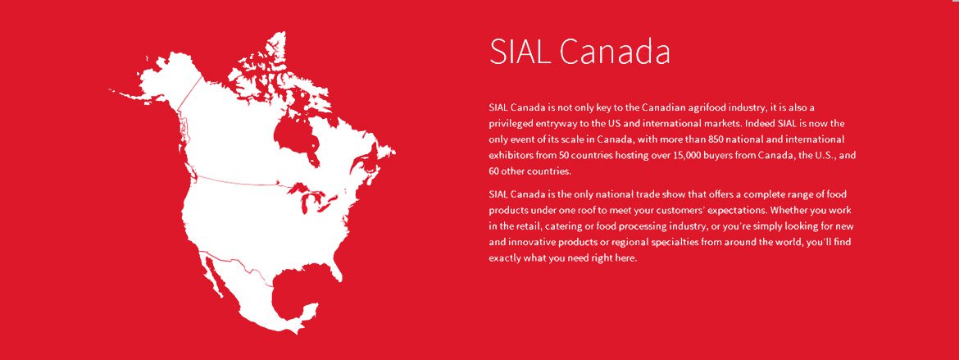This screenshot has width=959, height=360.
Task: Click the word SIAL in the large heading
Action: click(521, 52)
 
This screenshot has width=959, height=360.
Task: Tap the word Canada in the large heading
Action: click(615, 52)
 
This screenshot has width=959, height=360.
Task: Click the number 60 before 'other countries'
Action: click(494, 171)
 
